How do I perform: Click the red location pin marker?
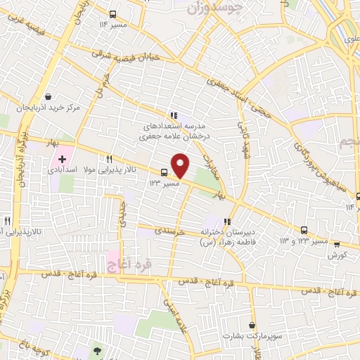(x=181, y=165)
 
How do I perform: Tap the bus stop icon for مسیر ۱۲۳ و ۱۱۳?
(x=304, y=230)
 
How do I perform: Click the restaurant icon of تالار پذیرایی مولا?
(x=109, y=159)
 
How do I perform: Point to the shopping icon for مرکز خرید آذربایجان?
(x=48, y=97)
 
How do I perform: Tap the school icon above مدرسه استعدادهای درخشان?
(x=173, y=116)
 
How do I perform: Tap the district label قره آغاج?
(x=122, y=264)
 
